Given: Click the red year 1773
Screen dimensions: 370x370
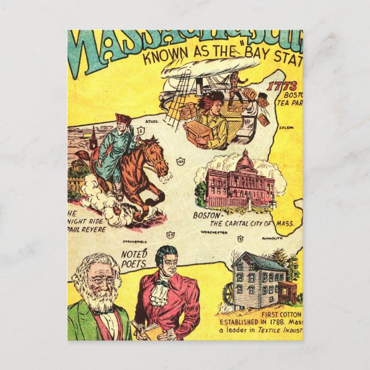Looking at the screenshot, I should tap(281, 87).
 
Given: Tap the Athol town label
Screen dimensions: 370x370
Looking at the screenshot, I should tap(152, 122).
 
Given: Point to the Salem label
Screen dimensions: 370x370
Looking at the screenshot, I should tap(286, 128).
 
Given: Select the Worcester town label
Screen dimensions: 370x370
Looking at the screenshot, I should tap(214, 233).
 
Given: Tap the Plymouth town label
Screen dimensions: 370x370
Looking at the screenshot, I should tap(272, 237).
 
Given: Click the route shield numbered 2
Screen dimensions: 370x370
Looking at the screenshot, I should tap(140, 131).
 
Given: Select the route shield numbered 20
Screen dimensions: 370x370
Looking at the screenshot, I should tap(170, 235).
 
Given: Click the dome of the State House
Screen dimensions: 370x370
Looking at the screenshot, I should tap(245, 161).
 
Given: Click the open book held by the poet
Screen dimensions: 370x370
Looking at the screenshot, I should tap(140, 329).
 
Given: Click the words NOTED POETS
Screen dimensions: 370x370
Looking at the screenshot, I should tap(134, 258).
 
